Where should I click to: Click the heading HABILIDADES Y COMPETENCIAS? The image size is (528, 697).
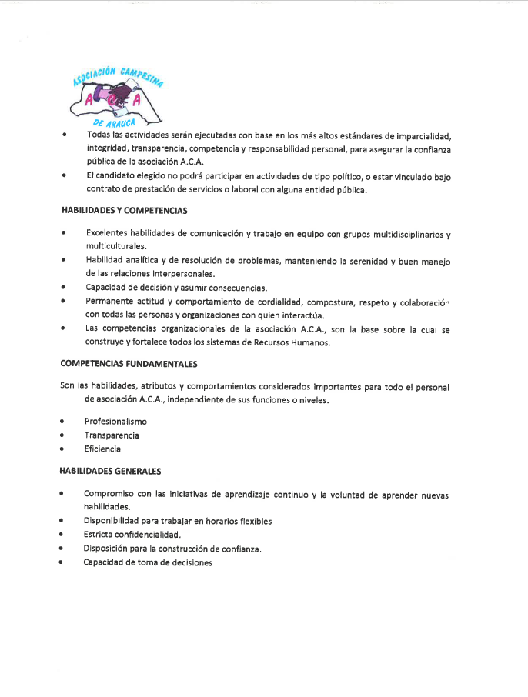click(x=124, y=210)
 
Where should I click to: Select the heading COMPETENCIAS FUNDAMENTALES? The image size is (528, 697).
click(x=129, y=363)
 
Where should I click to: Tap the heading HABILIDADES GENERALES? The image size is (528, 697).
click(x=110, y=469)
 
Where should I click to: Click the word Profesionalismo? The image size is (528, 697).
click(x=115, y=422)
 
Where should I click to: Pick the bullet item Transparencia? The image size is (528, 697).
click(x=112, y=435)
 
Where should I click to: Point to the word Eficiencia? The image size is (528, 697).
click(x=102, y=449)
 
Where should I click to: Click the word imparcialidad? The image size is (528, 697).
click(x=420, y=135)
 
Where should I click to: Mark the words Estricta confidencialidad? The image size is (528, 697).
click(x=132, y=534)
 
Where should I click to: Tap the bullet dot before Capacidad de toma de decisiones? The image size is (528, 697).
click(x=62, y=562)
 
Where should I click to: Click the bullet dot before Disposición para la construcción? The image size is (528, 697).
click(x=62, y=549)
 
